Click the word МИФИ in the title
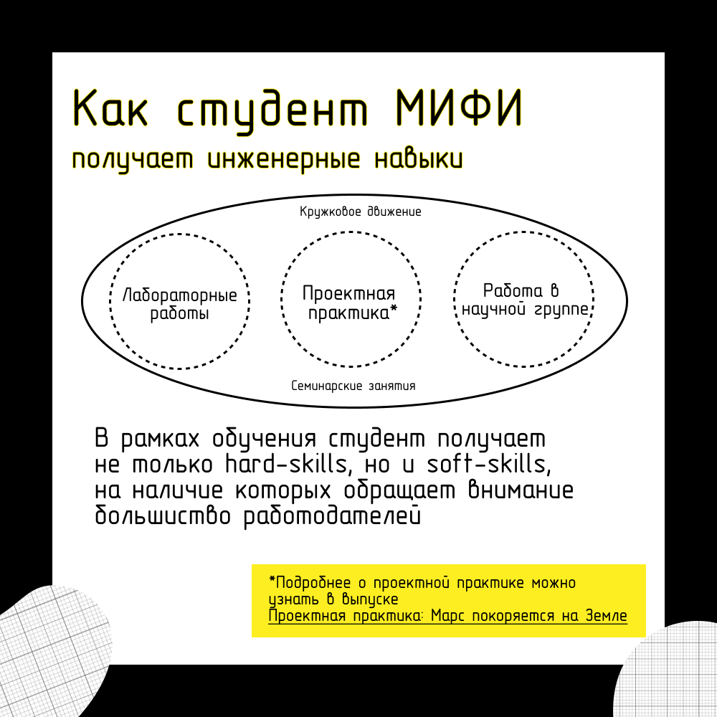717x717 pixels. pos(459,108)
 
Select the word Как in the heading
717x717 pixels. pos(110,108)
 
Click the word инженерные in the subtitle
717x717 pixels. pos(284,160)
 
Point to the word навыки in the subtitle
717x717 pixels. pos(419,159)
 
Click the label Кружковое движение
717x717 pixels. pos(361,212)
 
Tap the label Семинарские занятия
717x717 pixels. pos(353,386)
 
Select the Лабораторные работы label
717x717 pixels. pos(180,304)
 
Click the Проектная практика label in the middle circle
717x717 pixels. pos(350,303)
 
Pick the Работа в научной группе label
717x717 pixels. pos(525,300)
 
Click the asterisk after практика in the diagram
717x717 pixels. pos(393,310)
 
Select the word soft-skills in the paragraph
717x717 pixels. pos(489,464)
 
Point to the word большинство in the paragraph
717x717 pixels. pos(162,515)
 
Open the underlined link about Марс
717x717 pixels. pos(447,615)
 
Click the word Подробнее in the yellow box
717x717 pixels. pos(310,583)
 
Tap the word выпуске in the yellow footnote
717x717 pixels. pos(371,599)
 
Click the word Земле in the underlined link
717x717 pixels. pos(607,615)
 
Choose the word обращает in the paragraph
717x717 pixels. pos(399,490)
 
